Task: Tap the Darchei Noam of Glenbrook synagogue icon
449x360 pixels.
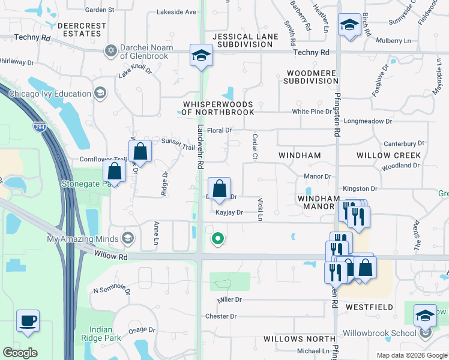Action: pyautogui.click(x=110, y=51)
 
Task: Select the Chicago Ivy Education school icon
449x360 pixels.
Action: pyautogui.click(x=100, y=93)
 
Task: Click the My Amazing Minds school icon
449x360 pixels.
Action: pyautogui.click(x=127, y=239)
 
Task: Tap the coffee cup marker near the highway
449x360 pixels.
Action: pyautogui.click(x=28, y=320)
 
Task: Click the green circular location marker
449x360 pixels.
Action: pyautogui.click(x=218, y=239)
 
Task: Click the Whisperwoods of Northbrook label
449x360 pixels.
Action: pyautogui.click(x=218, y=108)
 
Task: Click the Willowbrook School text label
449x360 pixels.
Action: pyautogui.click(x=379, y=333)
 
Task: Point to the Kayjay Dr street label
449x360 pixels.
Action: pyautogui.click(x=229, y=212)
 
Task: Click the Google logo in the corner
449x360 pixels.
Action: pyautogui.click(x=20, y=353)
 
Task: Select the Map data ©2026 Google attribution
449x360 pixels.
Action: pyautogui.click(x=412, y=355)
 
